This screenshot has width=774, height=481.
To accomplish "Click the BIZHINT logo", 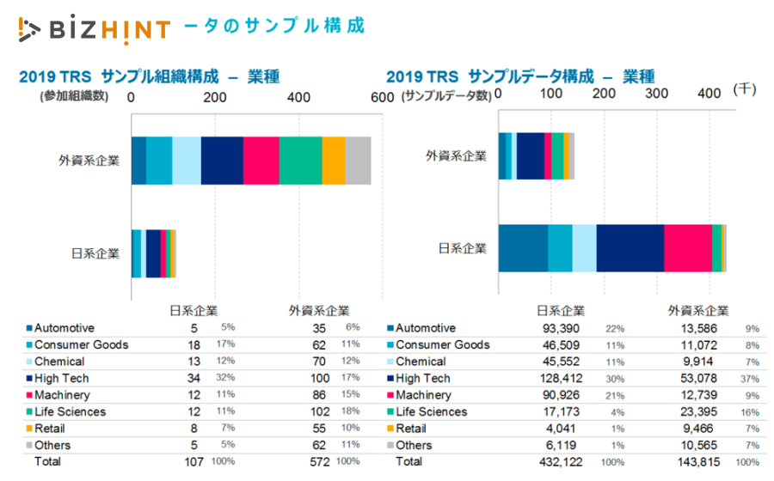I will [95, 28].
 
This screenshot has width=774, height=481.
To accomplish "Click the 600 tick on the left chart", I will [382, 98].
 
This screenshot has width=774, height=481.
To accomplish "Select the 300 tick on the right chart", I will [657, 94].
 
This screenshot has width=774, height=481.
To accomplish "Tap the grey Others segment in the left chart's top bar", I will [358, 161].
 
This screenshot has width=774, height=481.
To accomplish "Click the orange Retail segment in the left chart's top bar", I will [334, 161].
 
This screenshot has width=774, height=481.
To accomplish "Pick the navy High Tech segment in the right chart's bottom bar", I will [630, 248].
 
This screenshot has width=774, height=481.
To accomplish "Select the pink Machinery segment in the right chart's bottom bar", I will [688, 248].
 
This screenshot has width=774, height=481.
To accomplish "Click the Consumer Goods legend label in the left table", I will [81, 345].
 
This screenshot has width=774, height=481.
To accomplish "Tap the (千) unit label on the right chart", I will [744, 89].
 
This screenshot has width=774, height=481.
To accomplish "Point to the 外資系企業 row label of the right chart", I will [456, 156].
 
